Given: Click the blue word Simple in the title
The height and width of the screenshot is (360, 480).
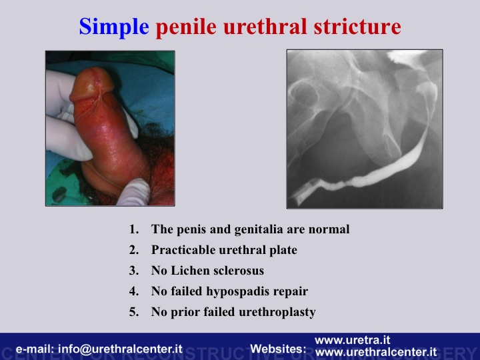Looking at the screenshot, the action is [x=114, y=27].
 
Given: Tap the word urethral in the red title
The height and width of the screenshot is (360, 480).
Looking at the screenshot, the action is [x=265, y=26].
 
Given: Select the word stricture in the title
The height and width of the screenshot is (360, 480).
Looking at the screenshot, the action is [x=357, y=26].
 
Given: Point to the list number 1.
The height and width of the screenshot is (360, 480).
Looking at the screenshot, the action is [x=134, y=229].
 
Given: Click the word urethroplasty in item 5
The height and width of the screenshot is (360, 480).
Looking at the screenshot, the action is [x=277, y=313].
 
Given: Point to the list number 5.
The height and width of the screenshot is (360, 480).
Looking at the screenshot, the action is [x=134, y=312].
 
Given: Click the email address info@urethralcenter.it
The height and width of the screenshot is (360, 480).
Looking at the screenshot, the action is [x=120, y=349].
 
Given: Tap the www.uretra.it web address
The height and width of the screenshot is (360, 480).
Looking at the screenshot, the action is [x=352, y=340].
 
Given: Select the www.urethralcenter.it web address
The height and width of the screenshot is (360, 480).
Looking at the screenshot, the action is [x=375, y=352].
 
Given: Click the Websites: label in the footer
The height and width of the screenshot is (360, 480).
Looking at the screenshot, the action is [x=278, y=349].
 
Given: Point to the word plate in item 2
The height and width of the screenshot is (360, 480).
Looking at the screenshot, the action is [x=283, y=251].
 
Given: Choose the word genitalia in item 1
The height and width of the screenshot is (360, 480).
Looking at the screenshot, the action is [x=259, y=229].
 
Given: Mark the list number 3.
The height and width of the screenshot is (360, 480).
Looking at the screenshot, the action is [x=134, y=271].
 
